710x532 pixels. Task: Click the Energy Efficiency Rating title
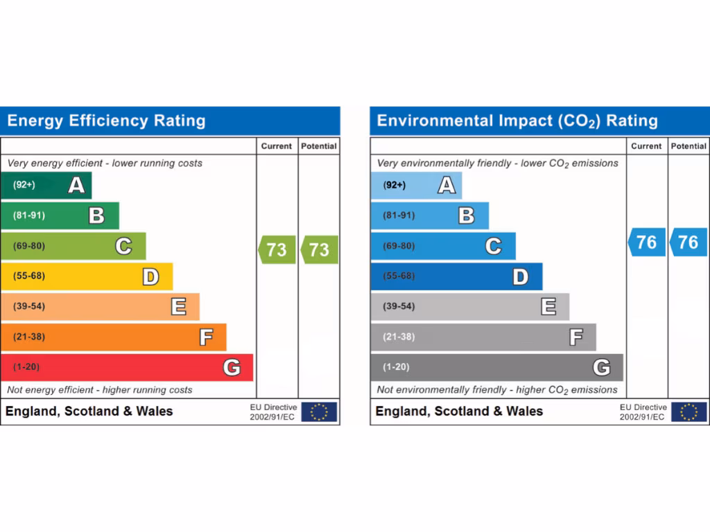[x=106, y=121]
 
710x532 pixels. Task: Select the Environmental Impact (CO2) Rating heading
[x=517, y=121]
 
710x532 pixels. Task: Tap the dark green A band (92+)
[x=46, y=185]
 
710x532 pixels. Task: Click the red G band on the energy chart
[x=127, y=367]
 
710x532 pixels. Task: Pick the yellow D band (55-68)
[x=87, y=276]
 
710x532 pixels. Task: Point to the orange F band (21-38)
[x=113, y=337]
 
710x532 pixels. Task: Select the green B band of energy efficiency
[x=60, y=215]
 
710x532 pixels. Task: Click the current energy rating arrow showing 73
[x=277, y=249]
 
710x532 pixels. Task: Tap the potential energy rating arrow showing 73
[x=319, y=249]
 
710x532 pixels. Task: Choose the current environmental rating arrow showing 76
[x=646, y=242]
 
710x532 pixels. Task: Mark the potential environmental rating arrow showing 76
[x=688, y=242]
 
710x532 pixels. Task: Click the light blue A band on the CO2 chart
[x=416, y=185]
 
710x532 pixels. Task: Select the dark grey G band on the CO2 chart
[x=496, y=367]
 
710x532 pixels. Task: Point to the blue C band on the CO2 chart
[x=443, y=246]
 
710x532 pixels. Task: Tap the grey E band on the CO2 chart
[x=469, y=306]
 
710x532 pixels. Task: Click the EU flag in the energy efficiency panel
[x=319, y=411]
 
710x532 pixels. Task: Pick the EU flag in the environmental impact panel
[x=689, y=411]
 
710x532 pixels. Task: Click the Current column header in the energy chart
[x=277, y=146]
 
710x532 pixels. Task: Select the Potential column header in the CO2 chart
[x=689, y=146]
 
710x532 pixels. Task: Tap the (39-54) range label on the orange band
[x=28, y=306]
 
